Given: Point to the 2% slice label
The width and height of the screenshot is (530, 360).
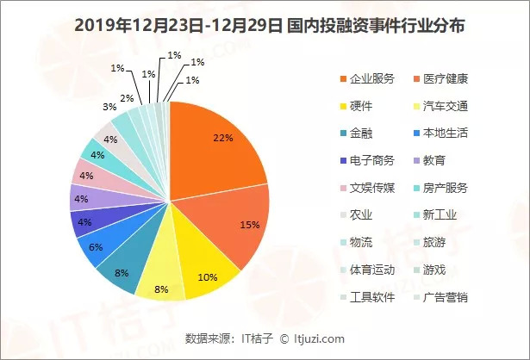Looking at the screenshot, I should click(126, 99).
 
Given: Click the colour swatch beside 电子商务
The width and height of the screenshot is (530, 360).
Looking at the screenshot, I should click(345, 160).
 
